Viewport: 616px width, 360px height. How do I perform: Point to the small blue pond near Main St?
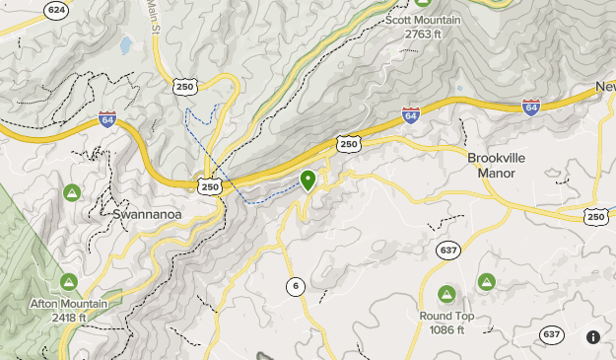tap(126, 45)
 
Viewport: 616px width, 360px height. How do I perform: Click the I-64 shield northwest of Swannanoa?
tap(108, 120)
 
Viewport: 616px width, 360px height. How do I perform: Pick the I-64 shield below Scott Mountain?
tap(411, 116)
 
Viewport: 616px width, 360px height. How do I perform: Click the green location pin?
tap(308, 180)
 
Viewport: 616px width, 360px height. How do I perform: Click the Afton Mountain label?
tap(68, 310)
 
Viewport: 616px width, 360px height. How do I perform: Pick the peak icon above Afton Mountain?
tap(68, 283)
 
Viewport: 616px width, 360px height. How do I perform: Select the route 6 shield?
tap(295, 286)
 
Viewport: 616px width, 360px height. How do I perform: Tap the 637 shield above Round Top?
tap(449, 251)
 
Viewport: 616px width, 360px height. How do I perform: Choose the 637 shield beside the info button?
tap(553, 336)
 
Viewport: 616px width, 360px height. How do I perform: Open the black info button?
tap(593, 336)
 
